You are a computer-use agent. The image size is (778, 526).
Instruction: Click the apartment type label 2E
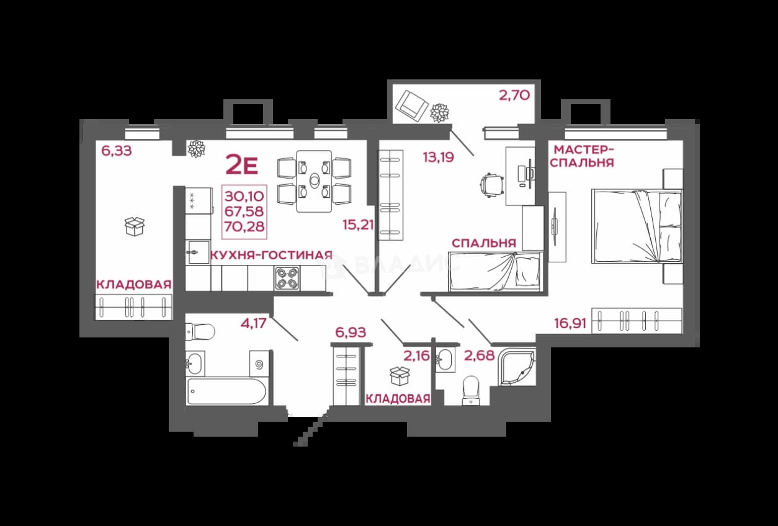tap(242, 165)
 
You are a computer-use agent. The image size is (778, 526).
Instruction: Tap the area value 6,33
tap(117, 151)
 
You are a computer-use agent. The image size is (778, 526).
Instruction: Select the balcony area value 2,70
tap(514, 95)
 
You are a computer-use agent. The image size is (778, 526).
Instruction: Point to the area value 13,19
tap(438, 158)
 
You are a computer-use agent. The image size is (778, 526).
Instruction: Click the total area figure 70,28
tap(244, 226)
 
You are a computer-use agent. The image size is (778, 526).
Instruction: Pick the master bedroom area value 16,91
tap(570, 323)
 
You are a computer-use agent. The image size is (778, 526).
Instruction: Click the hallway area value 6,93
tap(351, 332)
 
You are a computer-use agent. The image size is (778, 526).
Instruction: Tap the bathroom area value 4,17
tap(254, 323)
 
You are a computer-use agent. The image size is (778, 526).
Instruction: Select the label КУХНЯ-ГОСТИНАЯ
tap(272, 256)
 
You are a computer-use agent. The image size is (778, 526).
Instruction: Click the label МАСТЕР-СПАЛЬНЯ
tap(582, 156)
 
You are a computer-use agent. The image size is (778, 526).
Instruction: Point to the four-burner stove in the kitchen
tap(287, 279)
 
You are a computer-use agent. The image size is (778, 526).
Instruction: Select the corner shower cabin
tap(516, 368)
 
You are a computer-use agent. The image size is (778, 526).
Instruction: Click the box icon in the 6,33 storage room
tap(135, 226)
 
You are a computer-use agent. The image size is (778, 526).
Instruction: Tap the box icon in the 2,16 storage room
tap(400, 376)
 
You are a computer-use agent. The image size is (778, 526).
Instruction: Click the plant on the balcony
tap(439, 113)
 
